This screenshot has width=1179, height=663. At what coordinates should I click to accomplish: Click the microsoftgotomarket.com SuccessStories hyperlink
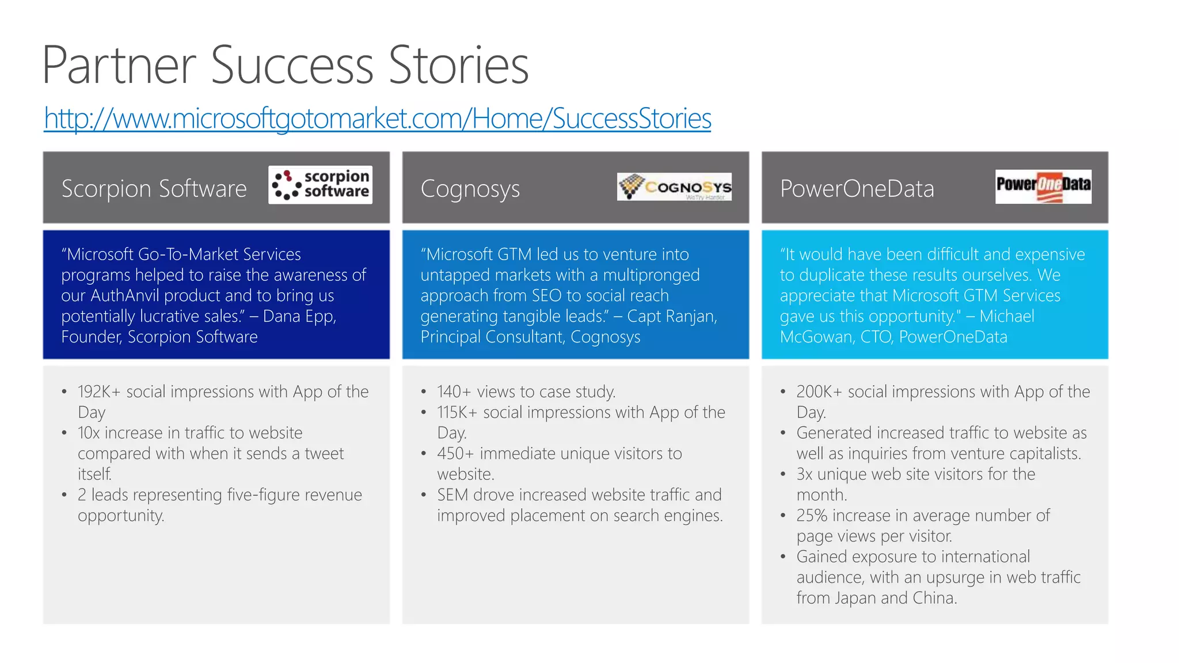(x=377, y=119)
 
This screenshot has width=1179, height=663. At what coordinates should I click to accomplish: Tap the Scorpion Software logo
(x=320, y=185)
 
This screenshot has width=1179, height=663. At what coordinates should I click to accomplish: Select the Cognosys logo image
(x=674, y=186)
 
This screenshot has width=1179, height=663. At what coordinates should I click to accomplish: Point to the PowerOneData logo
(x=1043, y=186)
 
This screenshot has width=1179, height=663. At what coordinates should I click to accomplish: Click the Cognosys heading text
(x=470, y=189)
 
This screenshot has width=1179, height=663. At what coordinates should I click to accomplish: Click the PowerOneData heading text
(x=857, y=189)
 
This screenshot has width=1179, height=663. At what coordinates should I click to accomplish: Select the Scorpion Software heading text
(x=154, y=189)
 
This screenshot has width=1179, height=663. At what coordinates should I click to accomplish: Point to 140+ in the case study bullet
(x=455, y=392)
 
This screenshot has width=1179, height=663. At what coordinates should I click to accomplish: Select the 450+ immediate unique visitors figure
(x=455, y=454)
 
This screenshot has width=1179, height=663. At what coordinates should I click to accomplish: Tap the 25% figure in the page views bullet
(x=812, y=516)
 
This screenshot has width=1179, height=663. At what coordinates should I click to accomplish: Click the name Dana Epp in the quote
(x=299, y=317)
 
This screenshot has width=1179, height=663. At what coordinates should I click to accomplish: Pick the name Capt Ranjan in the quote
(x=671, y=317)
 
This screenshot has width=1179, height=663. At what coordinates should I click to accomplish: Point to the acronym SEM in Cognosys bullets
(x=452, y=495)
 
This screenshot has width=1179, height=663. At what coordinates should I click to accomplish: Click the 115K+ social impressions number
(x=457, y=413)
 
